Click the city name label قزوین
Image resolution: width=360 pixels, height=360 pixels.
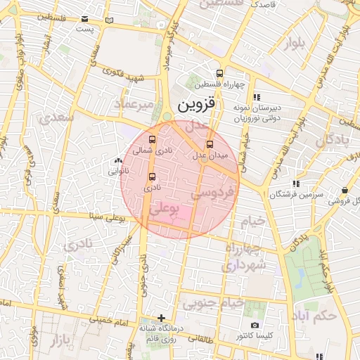coord(199,105)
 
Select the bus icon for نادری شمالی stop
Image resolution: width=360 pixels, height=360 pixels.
coord(153,139)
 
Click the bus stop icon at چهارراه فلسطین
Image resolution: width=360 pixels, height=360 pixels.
coord(220,73)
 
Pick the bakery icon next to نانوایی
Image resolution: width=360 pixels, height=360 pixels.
coord(117,161)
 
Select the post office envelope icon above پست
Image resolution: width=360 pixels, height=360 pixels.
coord(84,19)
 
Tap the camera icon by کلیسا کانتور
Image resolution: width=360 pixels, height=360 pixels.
coord(255,326)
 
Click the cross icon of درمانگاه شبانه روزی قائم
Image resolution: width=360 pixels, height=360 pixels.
coord(162,318)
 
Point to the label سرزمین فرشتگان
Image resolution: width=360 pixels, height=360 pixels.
coord(296,193)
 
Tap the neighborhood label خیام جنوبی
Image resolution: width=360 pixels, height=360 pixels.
coord(212,304)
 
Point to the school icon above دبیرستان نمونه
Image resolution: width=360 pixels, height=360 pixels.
coord(257,96)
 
